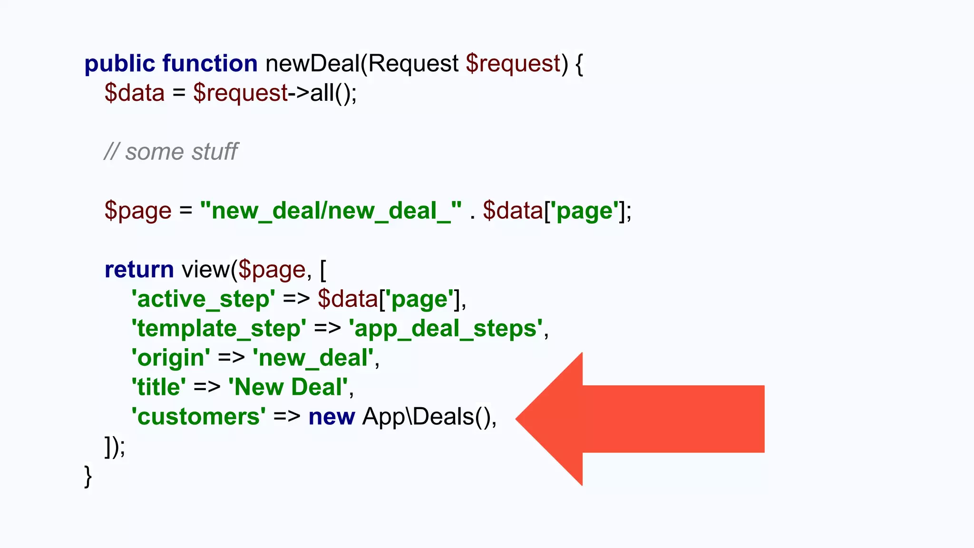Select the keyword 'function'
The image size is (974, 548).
pos(210,64)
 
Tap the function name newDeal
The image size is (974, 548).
pos(312,64)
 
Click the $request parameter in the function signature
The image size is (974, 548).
pos(513,64)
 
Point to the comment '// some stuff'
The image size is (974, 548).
pos(171,152)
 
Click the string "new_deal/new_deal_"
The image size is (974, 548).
pos(331,211)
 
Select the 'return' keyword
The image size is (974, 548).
pos(139,270)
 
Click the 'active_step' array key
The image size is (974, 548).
pos(203,299)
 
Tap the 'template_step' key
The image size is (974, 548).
pos(219,329)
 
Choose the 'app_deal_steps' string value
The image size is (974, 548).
pos(446,329)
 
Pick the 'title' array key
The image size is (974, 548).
pos(158,387)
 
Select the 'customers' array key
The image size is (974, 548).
pos(198,417)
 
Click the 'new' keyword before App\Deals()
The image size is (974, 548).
pos(331,417)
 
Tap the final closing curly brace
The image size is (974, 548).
pos(88,476)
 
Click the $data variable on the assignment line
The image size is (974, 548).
pos(135,93)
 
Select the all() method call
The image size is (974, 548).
pos(330,93)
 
